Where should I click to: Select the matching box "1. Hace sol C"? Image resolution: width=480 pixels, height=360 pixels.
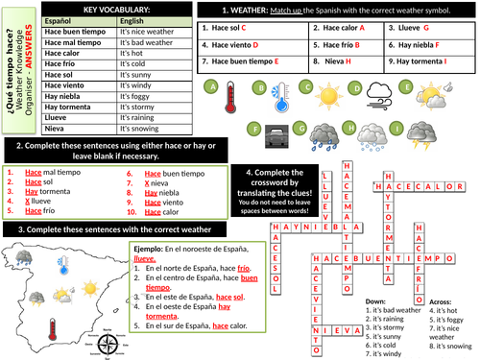click(229, 29)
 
